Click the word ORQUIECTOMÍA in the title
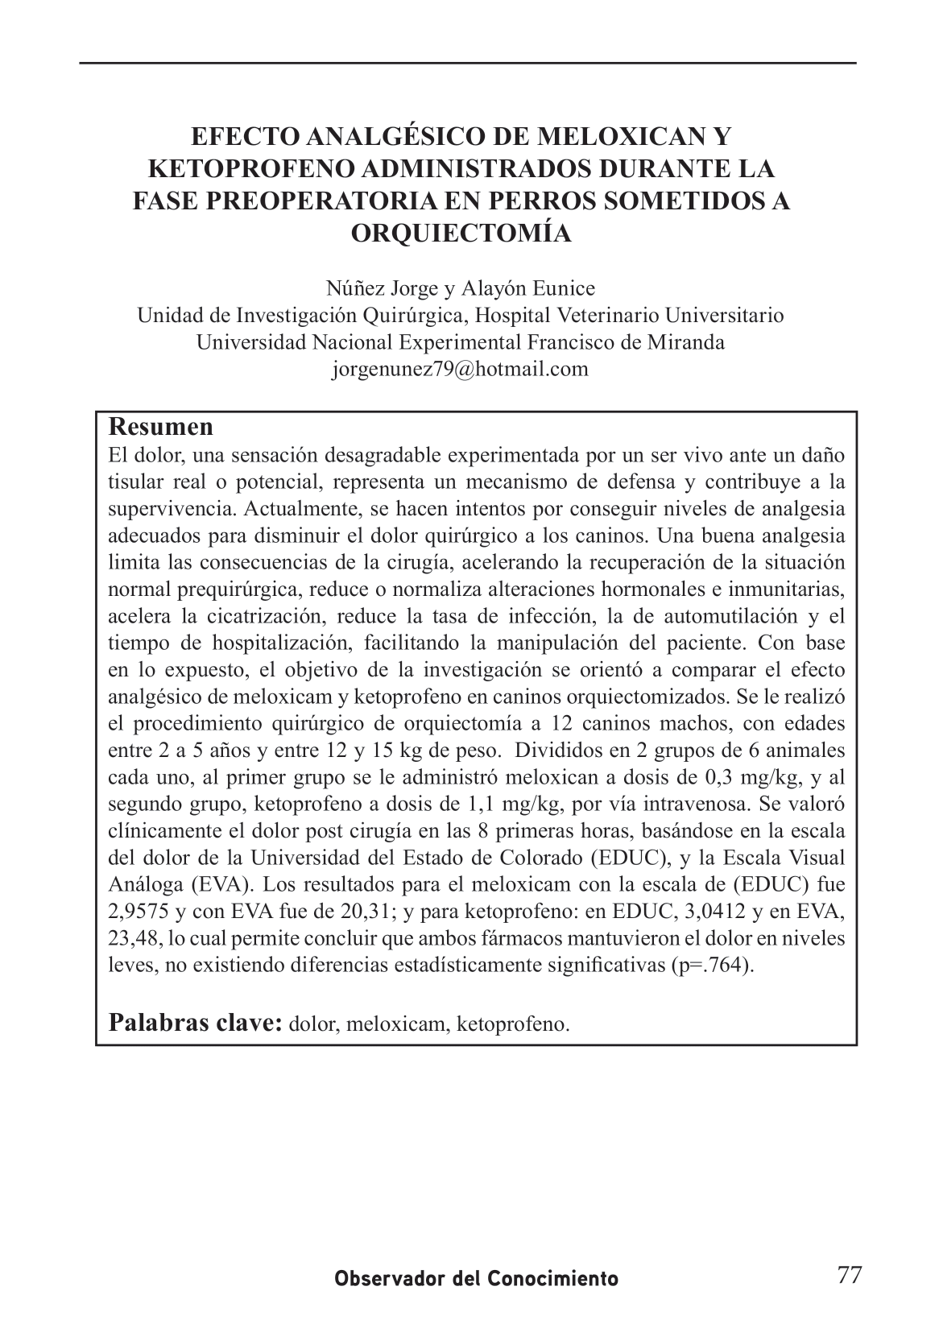coord(461,233)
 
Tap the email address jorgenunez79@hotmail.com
coord(461,370)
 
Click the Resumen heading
coord(161,426)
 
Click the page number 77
coord(850,1275)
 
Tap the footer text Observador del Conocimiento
coord(477,1279)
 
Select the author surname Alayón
coord(492,287)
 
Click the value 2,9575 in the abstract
coord(139,912)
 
